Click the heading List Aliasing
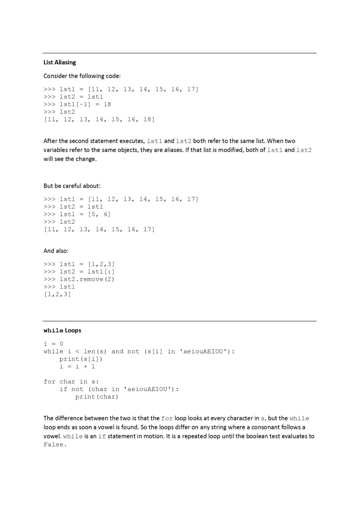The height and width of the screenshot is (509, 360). pos(60,63)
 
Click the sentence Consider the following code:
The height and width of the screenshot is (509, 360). pos(82,76)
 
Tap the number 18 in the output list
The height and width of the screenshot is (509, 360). pos(148,120)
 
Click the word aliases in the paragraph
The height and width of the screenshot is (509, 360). pos(172,150)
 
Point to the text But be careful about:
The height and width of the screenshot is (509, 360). pos(72,186)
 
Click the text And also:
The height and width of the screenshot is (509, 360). pos(56,251)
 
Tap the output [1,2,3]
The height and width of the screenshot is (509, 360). pos(57,294)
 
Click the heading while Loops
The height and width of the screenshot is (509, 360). pos(62,330)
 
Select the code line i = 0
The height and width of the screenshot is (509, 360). pos(53,344)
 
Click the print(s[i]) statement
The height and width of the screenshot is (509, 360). pos(81,359)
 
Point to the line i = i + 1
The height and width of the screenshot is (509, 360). pos(77,366)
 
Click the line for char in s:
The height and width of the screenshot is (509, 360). pos(71,382)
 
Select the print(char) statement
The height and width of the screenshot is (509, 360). pos(97,397)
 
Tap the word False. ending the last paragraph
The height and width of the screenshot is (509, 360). pos(55,445)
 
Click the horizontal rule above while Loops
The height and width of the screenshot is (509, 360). pos(180,321)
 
